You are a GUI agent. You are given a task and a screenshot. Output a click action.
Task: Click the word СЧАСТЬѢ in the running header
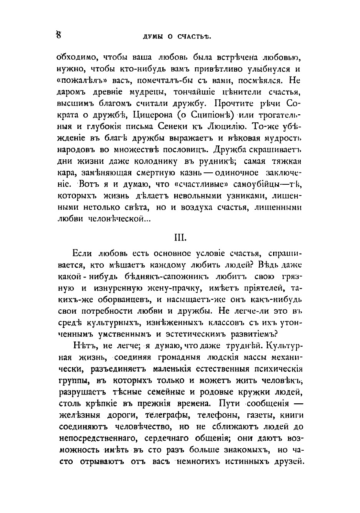point(195,37)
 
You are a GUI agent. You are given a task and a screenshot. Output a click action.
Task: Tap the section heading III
point(180,238)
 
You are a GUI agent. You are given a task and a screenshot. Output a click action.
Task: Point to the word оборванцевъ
point(118,299)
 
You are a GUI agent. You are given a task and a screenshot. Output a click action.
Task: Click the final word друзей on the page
point(287,461)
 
